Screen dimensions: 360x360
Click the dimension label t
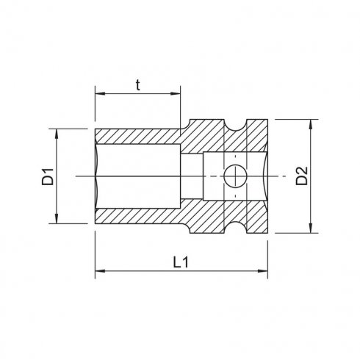[x=137, y=83]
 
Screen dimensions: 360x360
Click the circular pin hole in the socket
[x=235, y=176]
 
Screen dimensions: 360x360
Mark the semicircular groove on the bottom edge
[x=235, y=228]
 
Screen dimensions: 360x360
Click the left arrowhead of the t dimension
[x=98, y=93]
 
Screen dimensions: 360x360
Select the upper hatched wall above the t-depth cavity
[x=140, y=137]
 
